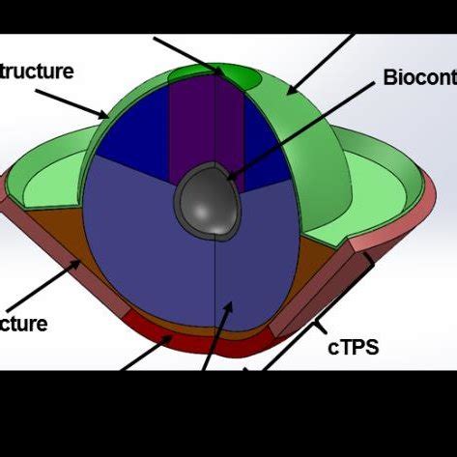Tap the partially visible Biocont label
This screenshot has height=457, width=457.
pos(418,76)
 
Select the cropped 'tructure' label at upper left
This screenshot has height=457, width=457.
pos(37,71)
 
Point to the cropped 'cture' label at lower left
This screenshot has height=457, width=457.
pos(24,323)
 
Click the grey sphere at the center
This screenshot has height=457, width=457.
pos(205,200)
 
